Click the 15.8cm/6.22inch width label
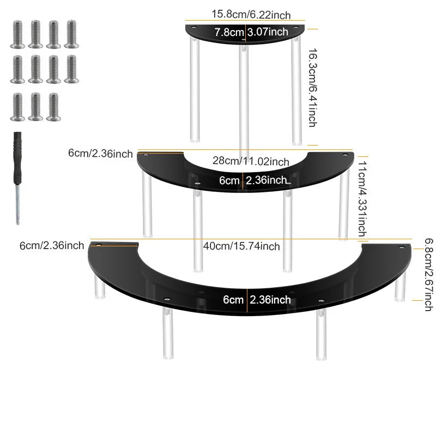(251, 14)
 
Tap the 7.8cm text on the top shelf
(229, 32)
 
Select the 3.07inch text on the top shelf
(268, 32)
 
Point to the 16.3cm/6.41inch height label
(313, 88)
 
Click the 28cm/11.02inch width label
(251, 161)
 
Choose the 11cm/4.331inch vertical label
(362, 199)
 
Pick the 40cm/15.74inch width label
(241, 246)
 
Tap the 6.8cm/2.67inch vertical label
(429, 275)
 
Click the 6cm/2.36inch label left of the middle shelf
(100, 154)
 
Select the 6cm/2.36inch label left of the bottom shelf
(52, 246)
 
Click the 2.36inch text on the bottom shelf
(270, 300)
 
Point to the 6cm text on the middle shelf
(229, 180)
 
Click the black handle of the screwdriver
(17, 158)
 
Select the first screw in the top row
(17, 34)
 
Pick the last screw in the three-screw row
(53, 107)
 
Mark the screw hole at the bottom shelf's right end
(401, 247)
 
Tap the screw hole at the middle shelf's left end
(146, 154)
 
